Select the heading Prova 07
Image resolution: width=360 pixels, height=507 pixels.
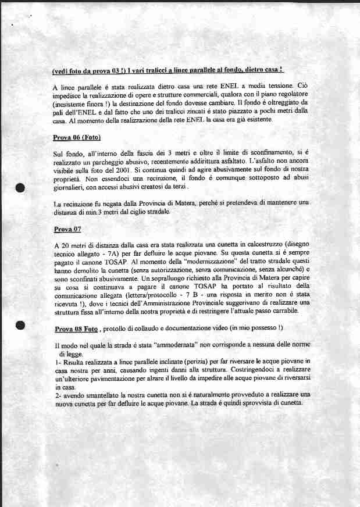point(66,230)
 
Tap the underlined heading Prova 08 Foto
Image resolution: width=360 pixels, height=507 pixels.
point(76,329)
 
